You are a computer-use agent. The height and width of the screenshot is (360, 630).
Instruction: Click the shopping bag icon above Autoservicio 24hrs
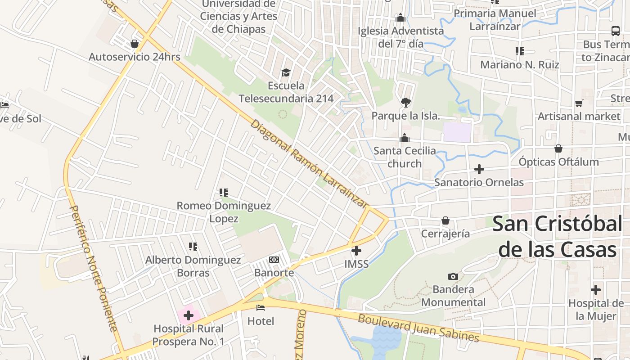pyautogui.click(x=134, y=44)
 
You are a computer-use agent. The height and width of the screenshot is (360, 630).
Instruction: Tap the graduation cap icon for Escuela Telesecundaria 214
pyautogui.click(x=286, y=72)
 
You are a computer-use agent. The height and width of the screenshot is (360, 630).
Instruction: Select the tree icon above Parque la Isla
pyautogui.click(x=405, y=102)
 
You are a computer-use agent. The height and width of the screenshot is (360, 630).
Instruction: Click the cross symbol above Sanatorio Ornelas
pyautogui.click(x=479, y=169)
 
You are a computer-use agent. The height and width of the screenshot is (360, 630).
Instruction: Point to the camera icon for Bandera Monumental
pyautogui.click(x=453, y=276)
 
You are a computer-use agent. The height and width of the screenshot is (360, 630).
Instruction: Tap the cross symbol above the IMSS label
pyautogui.click(x=356, y=251)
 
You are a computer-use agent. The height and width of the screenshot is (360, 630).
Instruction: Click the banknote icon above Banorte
pyautogui.click(x=274, y=260)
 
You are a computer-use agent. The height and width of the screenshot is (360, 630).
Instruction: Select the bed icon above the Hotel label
pyautogui.click(x=261, y=308)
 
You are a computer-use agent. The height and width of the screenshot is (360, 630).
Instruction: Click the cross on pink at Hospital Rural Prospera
pyautogui.click(x=189, y=315)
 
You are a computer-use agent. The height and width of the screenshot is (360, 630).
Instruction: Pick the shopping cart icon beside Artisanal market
pyautogui.click(x=579, y=103)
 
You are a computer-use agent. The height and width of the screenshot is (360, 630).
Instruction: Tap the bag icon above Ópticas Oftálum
pyautogui.click(x=558, y=148)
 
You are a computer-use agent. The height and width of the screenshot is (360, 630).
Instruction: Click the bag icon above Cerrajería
pyautogui.click(x=445, y=220)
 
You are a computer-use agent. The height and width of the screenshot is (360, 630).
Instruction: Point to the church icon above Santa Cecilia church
pyautogui.click(x=405, y=138)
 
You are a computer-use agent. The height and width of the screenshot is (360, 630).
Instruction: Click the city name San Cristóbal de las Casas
pyautogui.click(x=557, y=236)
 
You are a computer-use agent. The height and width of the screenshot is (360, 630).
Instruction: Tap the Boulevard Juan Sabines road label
pyautogui.click(x=418, y=328)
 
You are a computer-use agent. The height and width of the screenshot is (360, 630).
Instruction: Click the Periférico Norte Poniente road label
pyautogui.click(x=94, y=269)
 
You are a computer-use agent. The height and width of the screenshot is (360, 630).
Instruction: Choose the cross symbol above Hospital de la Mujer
pyautogui.click(x=596, y=290)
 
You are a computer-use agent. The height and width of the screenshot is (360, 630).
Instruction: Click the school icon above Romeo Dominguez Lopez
pyautogui.click(x=223, y=193)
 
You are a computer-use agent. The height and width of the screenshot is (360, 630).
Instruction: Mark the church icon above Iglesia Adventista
pyautogui.click(x=400, y=18)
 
